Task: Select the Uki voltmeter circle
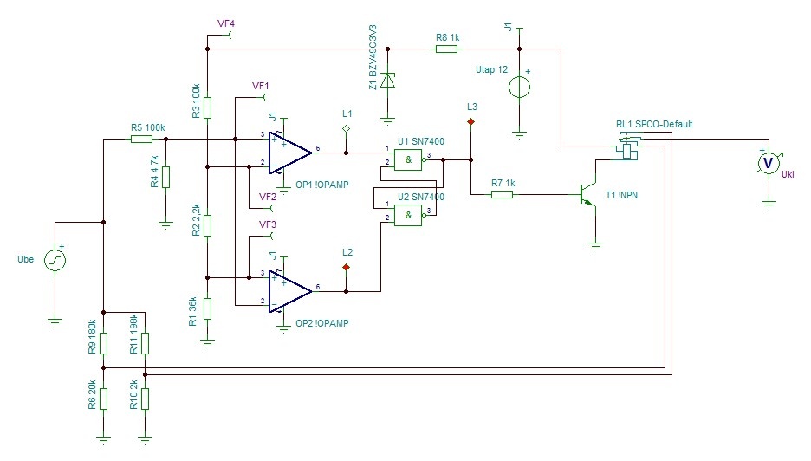pos(768,162)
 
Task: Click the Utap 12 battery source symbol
pos(519,88)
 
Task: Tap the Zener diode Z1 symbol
pos(388,81)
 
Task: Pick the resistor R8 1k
pos(446,49)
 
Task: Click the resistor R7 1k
pos(502,195)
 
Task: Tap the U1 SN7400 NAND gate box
pos(406,160)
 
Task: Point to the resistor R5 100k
pos(140,138)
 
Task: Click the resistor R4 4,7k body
pos(165,177)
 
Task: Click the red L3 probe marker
pos(470,123)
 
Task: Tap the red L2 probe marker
pos(346,267)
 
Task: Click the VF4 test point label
pos(226,24)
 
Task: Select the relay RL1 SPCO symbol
pos(626,148)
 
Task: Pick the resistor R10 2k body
pos(145,399)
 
